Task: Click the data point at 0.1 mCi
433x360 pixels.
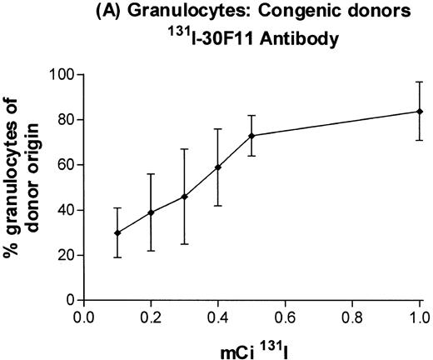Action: [117, 232]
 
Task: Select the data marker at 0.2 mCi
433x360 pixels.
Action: [151, 212]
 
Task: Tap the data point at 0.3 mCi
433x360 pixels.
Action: [184, 197]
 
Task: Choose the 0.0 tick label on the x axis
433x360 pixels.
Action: [84, 317]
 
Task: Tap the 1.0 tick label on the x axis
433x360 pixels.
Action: [419, 317]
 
